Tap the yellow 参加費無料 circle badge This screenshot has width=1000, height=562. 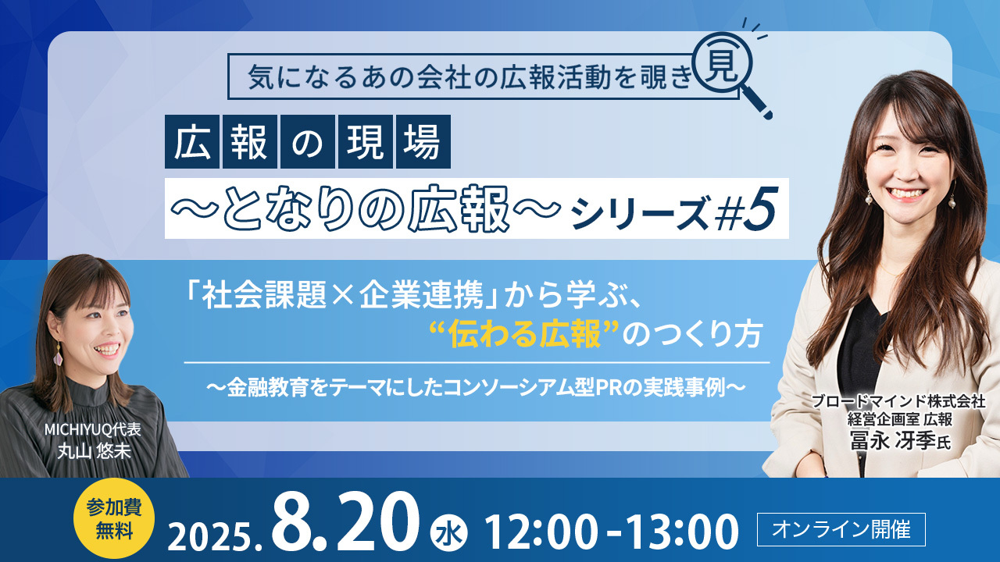click(x=114, y=518)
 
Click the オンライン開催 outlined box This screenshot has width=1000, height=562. click(x=841, y=529)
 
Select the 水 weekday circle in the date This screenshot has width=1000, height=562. click(x=448, y=533)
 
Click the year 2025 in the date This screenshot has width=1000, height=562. click(x=209, y=535)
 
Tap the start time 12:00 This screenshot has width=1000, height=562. click(x=541, y=532)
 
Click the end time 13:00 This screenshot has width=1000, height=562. click(x=681, y=532)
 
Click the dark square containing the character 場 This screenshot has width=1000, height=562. click(x=423, y=141)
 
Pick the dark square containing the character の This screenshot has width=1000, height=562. click(x=308, y=141)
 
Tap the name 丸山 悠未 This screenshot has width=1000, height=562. click(x=94, y=451)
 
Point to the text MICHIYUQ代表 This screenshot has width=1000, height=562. click(x=92, y=429)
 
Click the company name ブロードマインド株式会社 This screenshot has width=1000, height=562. click(x=898, y=401)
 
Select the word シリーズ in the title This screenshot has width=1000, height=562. click(x=640, y=214)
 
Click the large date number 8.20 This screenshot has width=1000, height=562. click(x=347, y=524)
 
